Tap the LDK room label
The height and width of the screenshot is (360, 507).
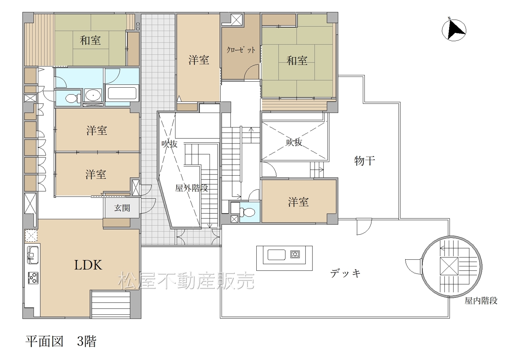pos(88,265)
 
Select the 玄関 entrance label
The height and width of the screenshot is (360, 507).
pos(122,208)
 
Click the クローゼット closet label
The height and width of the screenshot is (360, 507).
pos(241,50)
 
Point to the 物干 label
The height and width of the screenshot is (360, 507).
pos(364,161)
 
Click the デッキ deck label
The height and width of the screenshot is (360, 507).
pos(345,273)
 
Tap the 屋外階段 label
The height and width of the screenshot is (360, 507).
pos(191,188)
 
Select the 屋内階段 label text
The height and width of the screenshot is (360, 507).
pos(481,301)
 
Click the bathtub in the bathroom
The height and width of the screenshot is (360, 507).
pos(122,93)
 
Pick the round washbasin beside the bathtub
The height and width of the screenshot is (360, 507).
pos(93,95)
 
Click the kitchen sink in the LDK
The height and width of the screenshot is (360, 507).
pos(32,255)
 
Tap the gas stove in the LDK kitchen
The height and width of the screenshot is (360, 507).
pos(33,278)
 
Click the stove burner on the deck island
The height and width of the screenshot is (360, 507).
pos(295,255)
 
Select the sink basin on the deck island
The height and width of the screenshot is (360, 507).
pos(276,255)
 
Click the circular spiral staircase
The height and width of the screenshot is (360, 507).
pos(452,267)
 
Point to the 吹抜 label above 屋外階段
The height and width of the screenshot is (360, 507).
pos(169,144)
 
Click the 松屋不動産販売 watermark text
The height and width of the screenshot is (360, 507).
pos(186,281)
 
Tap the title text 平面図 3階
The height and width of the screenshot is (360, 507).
pos(61,341)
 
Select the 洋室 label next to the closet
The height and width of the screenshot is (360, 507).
pos(198,60)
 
